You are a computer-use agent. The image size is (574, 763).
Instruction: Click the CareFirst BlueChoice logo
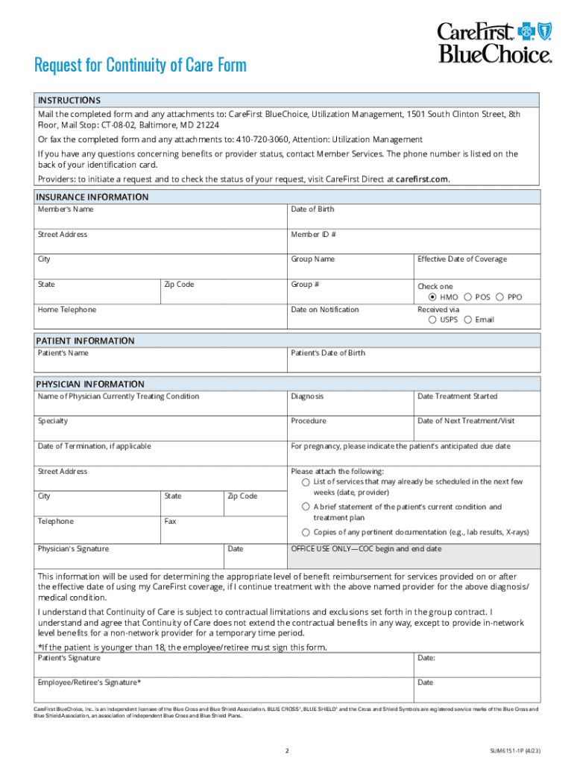(x=494, y=42)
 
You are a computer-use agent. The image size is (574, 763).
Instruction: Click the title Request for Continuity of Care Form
(x=140, y=66)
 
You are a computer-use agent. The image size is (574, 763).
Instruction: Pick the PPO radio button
(x=499, y=297)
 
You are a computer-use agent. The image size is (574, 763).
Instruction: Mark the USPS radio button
(x=433, y=320)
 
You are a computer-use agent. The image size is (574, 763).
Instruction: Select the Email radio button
(x=467, y=320)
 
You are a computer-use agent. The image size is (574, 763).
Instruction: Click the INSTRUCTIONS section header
(x=69, y=100)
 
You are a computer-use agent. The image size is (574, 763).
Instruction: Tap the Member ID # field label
(x=313, y=235)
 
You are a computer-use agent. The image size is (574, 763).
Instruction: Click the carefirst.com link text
(x=423, y=180)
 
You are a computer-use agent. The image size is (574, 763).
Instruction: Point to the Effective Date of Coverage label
(x=461, y=259)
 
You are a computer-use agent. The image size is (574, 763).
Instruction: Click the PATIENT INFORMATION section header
(x=86, y=341)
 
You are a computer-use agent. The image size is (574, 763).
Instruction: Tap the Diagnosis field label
(x=307, y=396)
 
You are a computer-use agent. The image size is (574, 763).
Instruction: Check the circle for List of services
(x=306, y=482)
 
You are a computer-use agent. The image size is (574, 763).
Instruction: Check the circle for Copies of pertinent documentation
(x=306, y=532)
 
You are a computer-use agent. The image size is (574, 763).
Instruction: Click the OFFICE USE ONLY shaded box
(x=414, y=555)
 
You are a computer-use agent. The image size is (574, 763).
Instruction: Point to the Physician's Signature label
(x=73, y=549)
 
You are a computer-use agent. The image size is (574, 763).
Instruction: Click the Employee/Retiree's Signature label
(x=89, y=683)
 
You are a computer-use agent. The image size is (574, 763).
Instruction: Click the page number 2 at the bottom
(x=287, y=750)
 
